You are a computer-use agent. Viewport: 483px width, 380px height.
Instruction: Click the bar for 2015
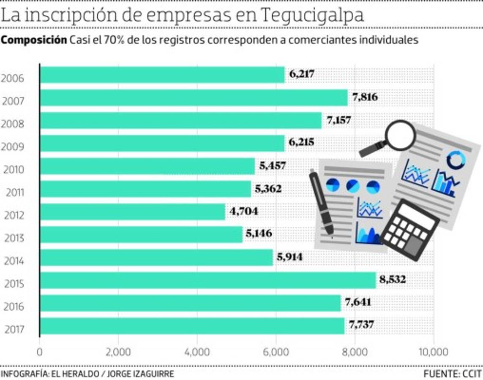click(x=207, y=280)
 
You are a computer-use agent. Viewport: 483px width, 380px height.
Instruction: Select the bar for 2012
click(x=132, y=212)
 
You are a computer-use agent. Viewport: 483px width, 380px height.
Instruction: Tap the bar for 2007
click(x=193, y=98)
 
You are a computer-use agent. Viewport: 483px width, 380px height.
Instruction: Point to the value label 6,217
click(x=302, y=74)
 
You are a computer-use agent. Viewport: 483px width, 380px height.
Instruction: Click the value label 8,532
click(x=392, y=280)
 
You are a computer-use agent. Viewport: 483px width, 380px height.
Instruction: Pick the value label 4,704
click(x=243, y=211)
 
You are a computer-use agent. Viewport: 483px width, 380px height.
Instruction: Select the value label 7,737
click(x=361, y=325)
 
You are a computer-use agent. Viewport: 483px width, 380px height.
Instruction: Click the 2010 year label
click(x=14, y=170)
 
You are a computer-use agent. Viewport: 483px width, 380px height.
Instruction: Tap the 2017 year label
click(x=14, y=330)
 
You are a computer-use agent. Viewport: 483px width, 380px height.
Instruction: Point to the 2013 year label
click(x=14, y=239)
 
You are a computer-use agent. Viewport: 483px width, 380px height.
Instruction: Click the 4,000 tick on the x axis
click(x=197, y=352)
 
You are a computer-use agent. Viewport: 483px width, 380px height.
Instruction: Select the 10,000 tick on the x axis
click(x=433, y=352)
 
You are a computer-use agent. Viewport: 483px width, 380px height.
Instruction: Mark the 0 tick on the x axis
click(x=40, y=352)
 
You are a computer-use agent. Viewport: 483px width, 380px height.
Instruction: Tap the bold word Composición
click(x=34, y=40)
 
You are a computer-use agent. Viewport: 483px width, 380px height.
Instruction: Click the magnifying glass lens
click(x=401, y=135)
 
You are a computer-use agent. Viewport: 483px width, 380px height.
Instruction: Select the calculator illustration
click(x=409, y=230)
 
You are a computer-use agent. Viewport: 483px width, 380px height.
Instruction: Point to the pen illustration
click(x=322, y=202)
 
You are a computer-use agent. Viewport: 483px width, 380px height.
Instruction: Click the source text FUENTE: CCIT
click(x=452, y=374)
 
